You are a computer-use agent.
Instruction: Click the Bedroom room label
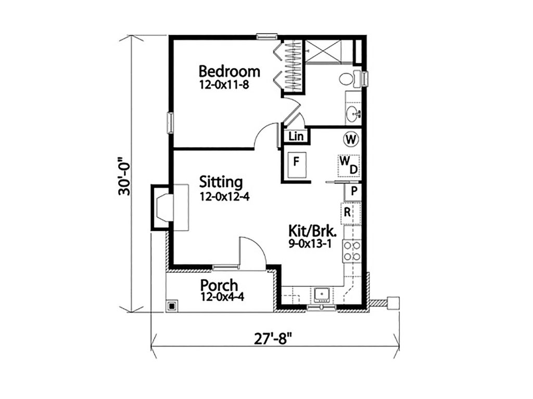[230, 71]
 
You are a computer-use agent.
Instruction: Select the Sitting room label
[221, 182]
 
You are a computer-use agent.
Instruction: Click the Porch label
[220, 285]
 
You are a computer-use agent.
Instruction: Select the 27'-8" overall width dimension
[273, 339]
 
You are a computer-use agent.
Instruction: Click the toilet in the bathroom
[350, 79]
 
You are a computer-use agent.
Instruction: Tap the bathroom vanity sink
[353, 111]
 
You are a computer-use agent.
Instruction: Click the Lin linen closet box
[296, 137]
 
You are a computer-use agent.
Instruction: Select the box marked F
[296, 161]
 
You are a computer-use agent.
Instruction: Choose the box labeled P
[353, 191]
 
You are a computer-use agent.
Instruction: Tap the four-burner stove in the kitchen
[352, 251]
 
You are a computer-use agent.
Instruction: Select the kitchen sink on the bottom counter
[323, 295]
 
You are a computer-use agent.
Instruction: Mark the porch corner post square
[171, 306]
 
